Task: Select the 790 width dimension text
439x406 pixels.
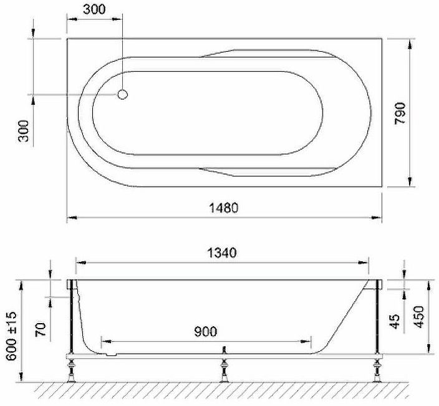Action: pyautogui.click(x=400, y=114)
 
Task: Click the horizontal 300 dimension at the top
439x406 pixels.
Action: pyautogui.click(x=94, y=9)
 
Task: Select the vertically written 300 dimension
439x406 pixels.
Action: pyautogui.click(x=24, y=131)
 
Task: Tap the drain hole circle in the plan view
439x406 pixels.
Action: pyautogui.click(x=123, y=95)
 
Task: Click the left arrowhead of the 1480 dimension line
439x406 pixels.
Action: pyautogui.click(x=70, y=218)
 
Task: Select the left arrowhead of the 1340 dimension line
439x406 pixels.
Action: pyautogui.click(x=79, y=263)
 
